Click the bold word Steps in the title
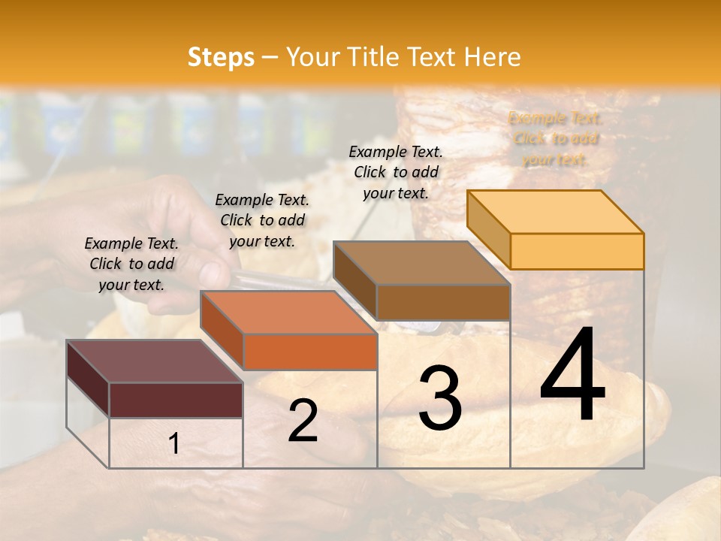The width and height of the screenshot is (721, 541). pyautogui.click(x=221, y=57)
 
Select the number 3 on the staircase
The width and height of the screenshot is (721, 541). pyautogui.click(x=439, y=399)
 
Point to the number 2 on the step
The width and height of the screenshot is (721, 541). pyautogui.click(x=303, y=422)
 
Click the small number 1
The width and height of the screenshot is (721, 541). pyautogui.click(x=174, y=444)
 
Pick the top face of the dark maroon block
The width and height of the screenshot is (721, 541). pyautogui.click(x=154, y=361)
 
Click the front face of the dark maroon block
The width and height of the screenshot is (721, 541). pyautogui.click(x=176, y=400)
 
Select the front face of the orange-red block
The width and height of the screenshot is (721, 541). pyautogui.click(x=309, y=352)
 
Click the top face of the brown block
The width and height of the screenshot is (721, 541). pyautogui.click(x=421, y=262)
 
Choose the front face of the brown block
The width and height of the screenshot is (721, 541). pyautogui.click(x=443, y=302)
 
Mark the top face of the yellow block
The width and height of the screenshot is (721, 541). pyautogui.click(x=555, y=211)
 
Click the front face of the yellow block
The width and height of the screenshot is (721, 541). pyautogui.click(x=577, y=251)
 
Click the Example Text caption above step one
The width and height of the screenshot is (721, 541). pyautogui.click(x=131, y=264)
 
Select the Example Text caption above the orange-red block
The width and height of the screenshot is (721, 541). pyautogui.click(x=262, y=220)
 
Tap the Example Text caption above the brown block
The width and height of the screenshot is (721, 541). pyautogui.click(x=396, y=172)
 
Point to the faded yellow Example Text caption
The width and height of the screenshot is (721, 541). pyautogui.click(x=555, y=138)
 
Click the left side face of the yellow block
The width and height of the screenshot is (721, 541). pyautogui.click(x=488, y=228)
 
